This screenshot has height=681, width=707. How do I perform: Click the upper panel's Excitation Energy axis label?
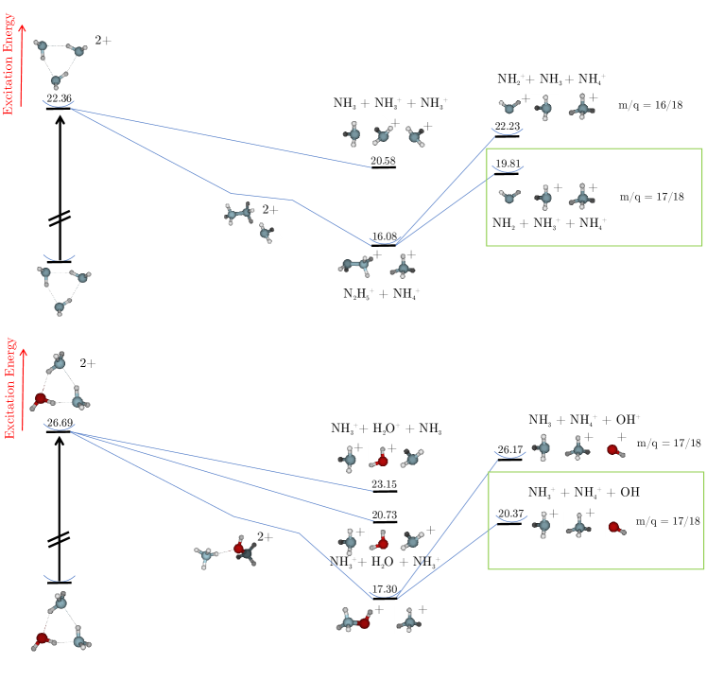9,64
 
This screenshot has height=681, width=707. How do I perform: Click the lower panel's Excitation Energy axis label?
10,387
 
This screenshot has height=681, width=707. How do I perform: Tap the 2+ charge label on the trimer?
86,363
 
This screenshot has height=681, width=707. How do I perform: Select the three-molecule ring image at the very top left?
62,64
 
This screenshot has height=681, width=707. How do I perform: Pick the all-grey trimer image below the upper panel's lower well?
66,291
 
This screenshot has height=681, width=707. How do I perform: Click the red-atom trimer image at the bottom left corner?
61,621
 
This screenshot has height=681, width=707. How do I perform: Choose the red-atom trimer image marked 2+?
59,382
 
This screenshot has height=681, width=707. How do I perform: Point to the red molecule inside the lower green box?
616,528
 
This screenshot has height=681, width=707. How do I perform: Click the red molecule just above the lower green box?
615,451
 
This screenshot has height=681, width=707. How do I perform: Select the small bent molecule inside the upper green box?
509,196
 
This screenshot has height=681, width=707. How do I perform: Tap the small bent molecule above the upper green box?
509,107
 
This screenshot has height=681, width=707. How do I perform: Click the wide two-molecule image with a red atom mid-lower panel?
225,552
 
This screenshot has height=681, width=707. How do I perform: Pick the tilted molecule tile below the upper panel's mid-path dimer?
266,233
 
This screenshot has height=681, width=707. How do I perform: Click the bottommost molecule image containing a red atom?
354,620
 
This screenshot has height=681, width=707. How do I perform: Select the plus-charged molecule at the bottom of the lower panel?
409,620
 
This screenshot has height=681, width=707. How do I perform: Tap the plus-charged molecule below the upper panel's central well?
403,267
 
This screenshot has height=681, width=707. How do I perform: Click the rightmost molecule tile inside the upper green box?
582,196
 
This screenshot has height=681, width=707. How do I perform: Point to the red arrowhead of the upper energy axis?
22,28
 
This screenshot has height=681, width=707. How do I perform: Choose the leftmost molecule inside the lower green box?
543,525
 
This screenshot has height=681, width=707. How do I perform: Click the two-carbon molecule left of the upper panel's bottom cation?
355,267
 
